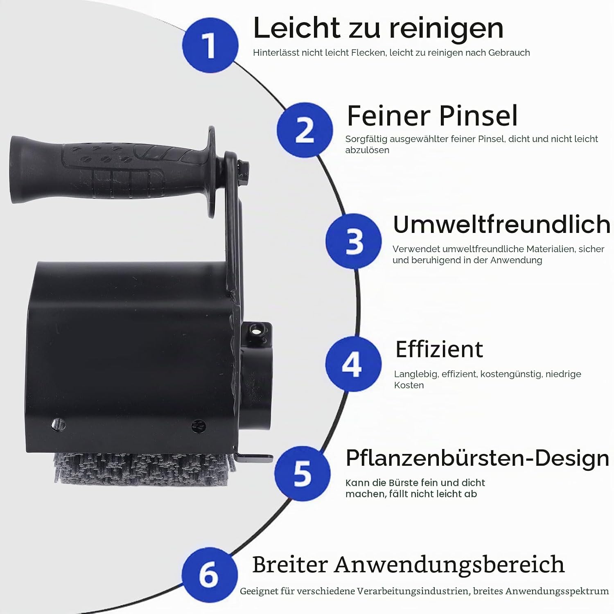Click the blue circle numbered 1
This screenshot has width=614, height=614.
(210, 45)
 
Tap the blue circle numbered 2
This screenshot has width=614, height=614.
(305, 130)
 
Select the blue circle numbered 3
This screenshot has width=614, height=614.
(354, 241)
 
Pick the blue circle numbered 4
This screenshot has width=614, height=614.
(353, 363)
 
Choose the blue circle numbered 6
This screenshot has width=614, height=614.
(210, 575)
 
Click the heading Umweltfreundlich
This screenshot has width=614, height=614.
(501, 224)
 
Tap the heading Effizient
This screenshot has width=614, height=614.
(439, 349)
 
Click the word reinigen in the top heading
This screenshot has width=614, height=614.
(446, 29)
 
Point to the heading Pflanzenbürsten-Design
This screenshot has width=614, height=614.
(478, 458)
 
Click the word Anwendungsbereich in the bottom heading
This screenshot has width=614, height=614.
(449, 565)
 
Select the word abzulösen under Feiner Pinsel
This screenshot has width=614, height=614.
(367, 150)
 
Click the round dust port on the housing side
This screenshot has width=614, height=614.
(256, 377)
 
